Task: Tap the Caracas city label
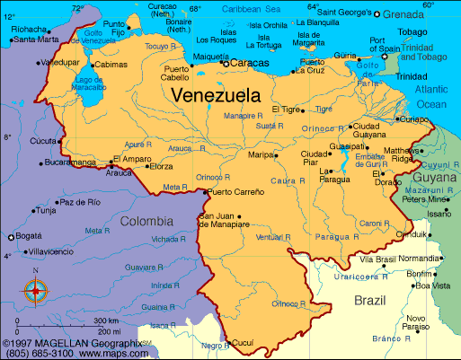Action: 250,64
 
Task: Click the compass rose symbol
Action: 35,289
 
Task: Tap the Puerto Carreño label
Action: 237,191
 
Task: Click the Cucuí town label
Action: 244,342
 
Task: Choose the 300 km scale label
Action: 106,320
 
